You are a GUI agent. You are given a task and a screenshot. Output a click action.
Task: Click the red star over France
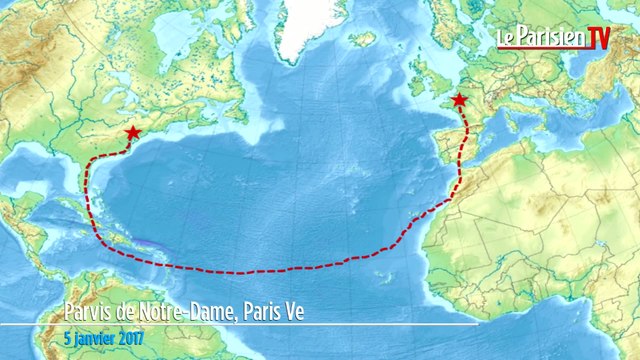pos(459,100)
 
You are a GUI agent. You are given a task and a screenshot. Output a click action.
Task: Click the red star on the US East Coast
pos(132,133)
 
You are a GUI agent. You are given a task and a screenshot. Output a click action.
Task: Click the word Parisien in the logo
pos(548,38)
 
